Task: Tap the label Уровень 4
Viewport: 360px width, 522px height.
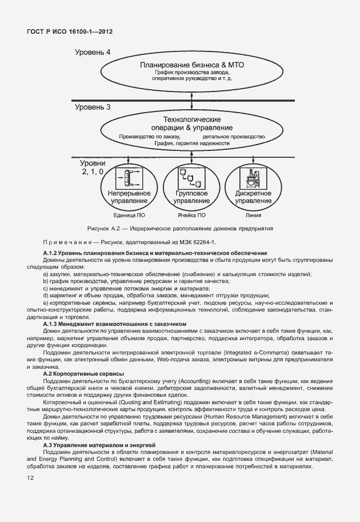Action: pos(93,53)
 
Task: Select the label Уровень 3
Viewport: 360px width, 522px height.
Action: pos(93,106)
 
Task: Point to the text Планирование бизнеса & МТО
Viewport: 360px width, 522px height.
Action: pos(191,65)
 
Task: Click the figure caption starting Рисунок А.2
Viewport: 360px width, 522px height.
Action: pos(180,228)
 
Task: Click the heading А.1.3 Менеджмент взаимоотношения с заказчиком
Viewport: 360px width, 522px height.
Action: pos(115,323)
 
